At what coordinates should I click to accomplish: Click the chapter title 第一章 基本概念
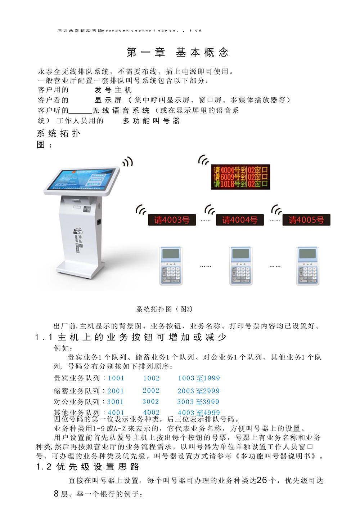[177, 53]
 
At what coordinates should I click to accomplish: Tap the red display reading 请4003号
[172, 220]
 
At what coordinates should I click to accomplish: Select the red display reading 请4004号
[240, 220]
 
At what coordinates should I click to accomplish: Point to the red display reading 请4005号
[306, 220]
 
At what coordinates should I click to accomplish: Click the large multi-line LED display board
[240, 177]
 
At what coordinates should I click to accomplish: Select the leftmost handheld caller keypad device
[171, 266]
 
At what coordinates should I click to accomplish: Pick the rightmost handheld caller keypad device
[307, 266]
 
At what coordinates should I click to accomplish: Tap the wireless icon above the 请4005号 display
[276, 209]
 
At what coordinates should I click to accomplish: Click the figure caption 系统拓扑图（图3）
[165, 309]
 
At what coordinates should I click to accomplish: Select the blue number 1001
[116, 378]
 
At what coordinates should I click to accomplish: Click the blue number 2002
[151, 391]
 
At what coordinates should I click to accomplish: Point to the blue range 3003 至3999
[198, 402]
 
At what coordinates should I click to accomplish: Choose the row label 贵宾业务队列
[77, 378]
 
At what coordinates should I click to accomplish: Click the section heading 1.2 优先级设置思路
[87, 467]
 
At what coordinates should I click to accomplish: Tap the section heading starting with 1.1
[131, 337]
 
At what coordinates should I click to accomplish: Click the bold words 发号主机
[113, 90]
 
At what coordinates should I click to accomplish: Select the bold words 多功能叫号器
[151, 121]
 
